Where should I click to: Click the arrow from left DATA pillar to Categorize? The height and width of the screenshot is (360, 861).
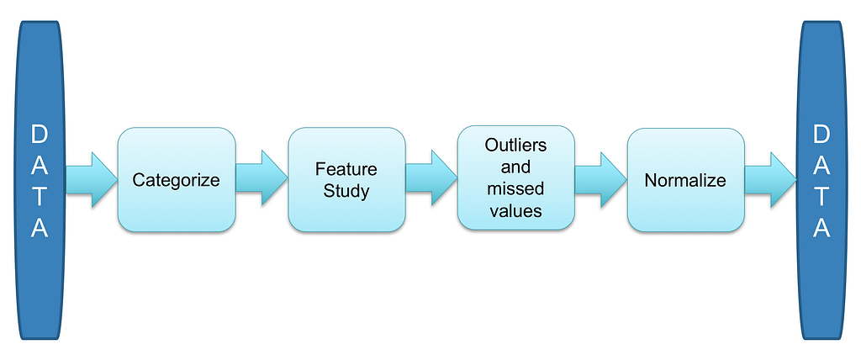click(91, 180)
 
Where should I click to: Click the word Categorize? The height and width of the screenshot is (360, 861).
click(177, 180)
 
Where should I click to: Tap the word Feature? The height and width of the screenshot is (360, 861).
click(346, 169)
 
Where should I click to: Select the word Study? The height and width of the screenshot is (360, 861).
click(346, 191)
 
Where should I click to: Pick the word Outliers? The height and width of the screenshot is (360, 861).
click(515, 146)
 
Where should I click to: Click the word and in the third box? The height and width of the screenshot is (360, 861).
click(515, 167)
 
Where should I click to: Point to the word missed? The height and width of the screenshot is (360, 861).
click(515, 188)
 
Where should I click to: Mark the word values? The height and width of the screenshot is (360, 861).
click(515, 210)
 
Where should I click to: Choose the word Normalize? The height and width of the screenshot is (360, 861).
click(685, 180)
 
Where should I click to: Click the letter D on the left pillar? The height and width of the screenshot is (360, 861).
click(40, 135)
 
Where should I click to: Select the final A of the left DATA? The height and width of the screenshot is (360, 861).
click(40, 229)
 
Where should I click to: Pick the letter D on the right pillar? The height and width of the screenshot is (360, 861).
click(821, 135)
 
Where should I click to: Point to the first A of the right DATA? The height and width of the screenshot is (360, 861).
click(821, 166)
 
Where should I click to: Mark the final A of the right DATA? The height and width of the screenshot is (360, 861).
click(821, 229)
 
